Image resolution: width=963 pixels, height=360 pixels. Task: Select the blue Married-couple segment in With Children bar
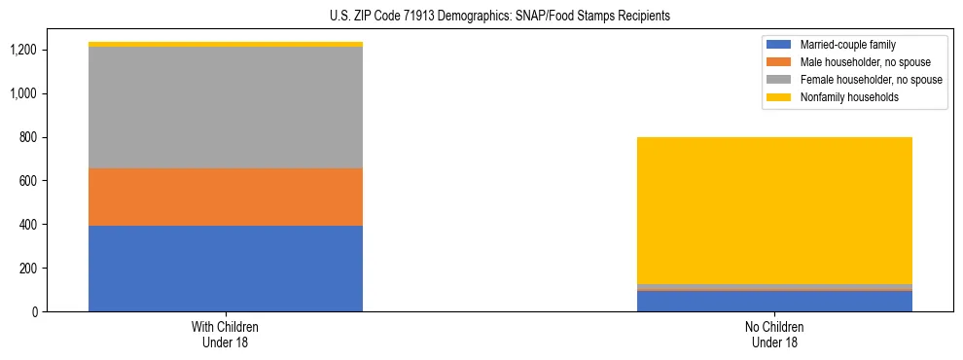226,269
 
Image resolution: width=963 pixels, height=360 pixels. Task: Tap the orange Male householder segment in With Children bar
226,198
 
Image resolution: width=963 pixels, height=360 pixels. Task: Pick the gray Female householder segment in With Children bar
226,107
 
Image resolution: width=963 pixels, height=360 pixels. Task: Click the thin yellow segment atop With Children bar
226,44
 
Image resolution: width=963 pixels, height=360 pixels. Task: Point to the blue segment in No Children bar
774,301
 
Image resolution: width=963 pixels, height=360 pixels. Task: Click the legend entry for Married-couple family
847,45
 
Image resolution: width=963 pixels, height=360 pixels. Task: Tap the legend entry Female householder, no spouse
871,80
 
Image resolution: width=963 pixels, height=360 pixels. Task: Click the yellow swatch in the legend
780,97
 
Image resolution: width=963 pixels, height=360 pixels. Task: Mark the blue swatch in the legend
780,45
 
